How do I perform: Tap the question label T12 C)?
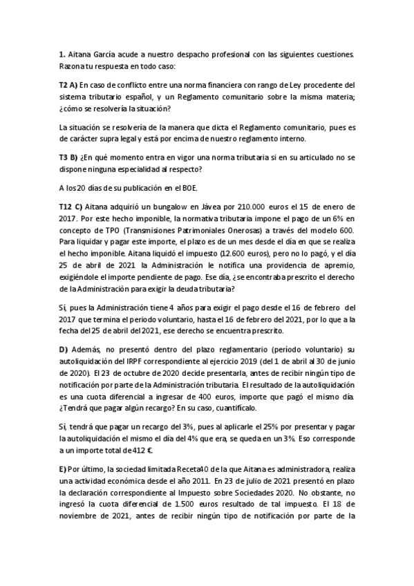pyautogui.click(x=71, y=206)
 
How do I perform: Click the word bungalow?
pyautogui.click(x=153, y=206)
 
